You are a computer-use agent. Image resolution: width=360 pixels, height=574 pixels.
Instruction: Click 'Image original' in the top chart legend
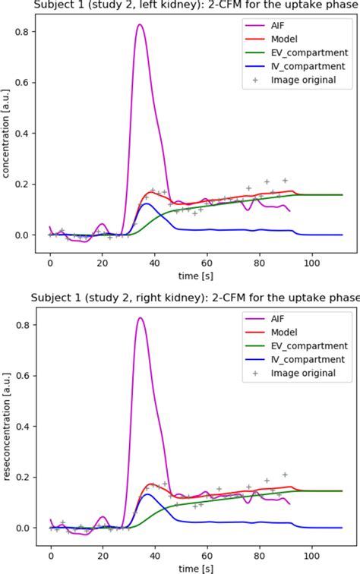pyautogui.click(x=303, y=80)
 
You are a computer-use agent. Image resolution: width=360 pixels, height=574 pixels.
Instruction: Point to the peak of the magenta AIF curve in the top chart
pyautogui.click(x=141, y=25)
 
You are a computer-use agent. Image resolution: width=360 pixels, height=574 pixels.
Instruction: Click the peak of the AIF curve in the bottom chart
pyautogui.click(x=141, y=318)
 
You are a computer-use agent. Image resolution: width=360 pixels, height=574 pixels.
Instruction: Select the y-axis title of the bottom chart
pyautogui.click(x=7, y=425)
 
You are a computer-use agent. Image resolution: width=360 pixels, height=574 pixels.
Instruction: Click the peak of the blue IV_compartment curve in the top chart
pyautogui.click(x=147, y=203)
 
